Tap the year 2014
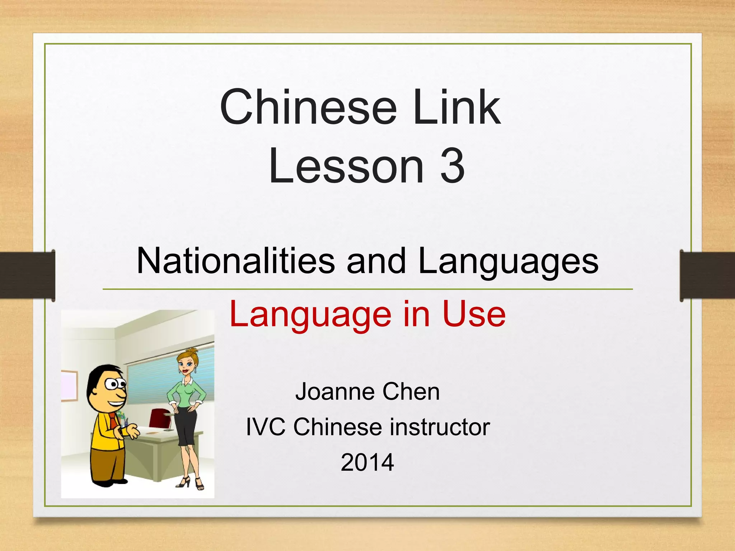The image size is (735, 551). pyautogui.click(x=367, y=462)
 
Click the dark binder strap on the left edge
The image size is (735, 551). pyautogui.click(x=27, y=275)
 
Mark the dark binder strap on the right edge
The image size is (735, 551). pyautogui.click(x=707, y=275)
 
